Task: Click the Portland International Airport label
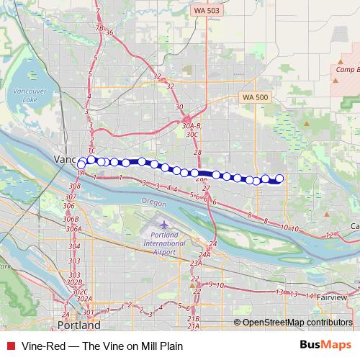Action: [164, 238]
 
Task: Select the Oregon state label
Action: [153, 202]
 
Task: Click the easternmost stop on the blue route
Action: [279, 179]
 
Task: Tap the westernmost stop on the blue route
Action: [81, 165]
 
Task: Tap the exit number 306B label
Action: [71, 219]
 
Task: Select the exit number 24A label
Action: [204, 254]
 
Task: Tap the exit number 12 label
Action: [330, 235]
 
